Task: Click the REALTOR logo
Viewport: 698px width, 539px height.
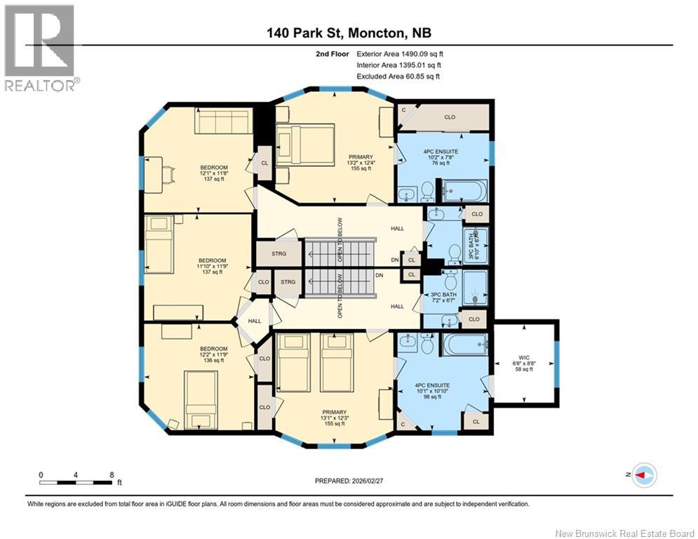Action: pyautogui.click(x=39, y=48)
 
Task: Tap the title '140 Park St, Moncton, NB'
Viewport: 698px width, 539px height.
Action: pyautogui.click(x=349, y=32)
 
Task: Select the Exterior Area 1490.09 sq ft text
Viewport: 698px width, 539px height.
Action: pyautogui.click(x=400, y=54)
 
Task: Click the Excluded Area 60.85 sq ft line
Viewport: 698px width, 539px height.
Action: pyautogui.click(x=398, y=76)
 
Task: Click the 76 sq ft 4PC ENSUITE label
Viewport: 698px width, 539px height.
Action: pyautogui.click(x=441, y=157)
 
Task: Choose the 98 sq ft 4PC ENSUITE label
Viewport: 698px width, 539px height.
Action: pyautogui.click(x=432, y=391)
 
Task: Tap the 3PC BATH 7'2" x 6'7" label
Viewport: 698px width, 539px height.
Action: pyautogui.click(x=443, y=297)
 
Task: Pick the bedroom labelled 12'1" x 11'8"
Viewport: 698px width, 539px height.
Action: pyautogui.click(x=214, y=173)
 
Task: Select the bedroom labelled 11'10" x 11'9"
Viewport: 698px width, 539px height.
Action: pyautogui.click(x=213, y=266)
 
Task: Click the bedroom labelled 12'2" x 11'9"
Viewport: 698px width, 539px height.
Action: pyautogui.click(x=214, y=354)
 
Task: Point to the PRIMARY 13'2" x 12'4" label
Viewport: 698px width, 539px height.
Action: pyautogui.click(x=361, y=163)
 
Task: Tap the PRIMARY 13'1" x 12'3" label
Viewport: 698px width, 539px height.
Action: pyautogui.click(x=335, y=418)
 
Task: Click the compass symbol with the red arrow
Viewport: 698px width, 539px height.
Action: pyautogui.click(x=645, y=475)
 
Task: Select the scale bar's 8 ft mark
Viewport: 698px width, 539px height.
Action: pyautogui.click(x=112, y=475)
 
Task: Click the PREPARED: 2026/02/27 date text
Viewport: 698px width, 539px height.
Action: pyautogui.click(x=349, y=481)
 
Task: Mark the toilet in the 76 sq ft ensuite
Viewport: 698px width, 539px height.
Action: pyautogui.click(x=427, y=191)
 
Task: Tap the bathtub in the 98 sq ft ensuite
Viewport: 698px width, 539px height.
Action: pyautogui.click(x=464, y=345)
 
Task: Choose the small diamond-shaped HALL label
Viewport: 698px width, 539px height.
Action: pyautogui.click(x=255, y=321)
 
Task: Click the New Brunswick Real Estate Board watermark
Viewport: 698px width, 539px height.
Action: pyautogui.click(x=625, y=533)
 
